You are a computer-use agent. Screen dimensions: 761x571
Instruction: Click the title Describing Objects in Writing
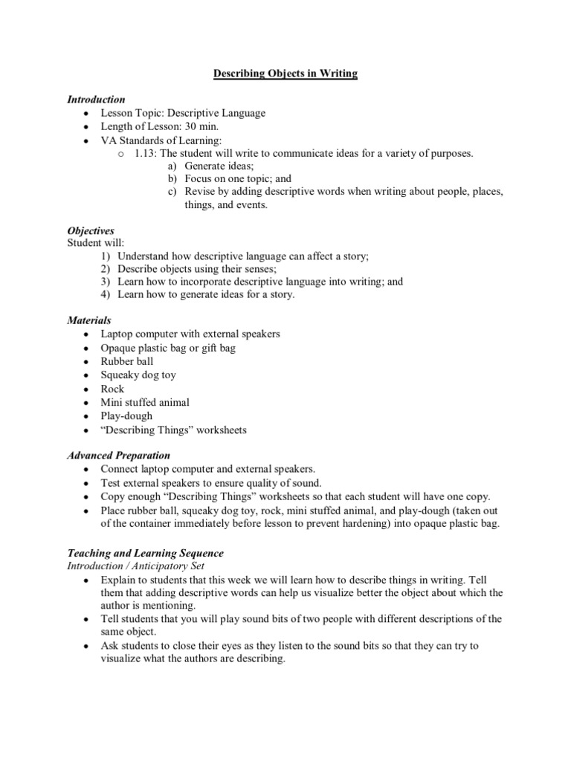point(285,74)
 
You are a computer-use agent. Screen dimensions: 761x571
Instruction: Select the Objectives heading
point(91,231)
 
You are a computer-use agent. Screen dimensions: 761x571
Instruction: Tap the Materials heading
point(89,320)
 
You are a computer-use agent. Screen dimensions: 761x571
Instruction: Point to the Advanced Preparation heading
point(118,455)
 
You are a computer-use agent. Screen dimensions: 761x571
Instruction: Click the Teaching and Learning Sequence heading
point(145,554)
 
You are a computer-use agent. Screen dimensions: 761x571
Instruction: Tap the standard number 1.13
point(146,153)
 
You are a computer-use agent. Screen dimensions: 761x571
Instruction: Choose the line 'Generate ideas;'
point(219,166)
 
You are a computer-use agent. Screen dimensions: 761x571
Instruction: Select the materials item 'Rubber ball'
point(127,361)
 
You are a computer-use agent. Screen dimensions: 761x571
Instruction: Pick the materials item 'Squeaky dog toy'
point(138,375)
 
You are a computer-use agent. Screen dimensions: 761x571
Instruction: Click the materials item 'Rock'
point(112,388)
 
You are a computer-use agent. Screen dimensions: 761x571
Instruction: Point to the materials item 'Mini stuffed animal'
point(145,402)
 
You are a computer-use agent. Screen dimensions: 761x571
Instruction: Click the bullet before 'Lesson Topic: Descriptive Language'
point(87,114)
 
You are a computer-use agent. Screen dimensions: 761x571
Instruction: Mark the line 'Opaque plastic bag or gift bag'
point(168,348)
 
